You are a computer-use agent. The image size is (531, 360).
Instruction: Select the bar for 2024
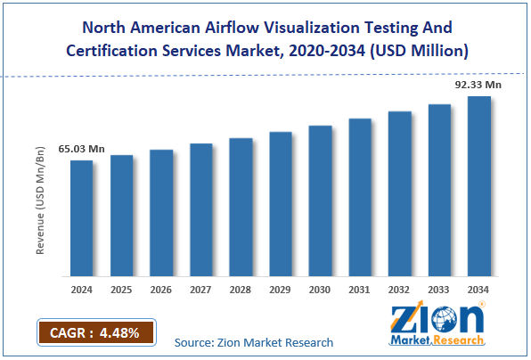click(82, 217)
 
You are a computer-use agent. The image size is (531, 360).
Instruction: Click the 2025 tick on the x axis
click(121, 289)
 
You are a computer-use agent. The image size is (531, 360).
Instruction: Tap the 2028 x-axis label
click(241, 289)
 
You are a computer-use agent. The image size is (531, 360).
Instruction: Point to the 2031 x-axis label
click(360, 289)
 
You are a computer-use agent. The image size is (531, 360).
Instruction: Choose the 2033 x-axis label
click(439, 289)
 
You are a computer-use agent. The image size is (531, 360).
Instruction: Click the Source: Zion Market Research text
click(254, 342)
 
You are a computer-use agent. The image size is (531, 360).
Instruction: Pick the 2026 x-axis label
click(161, 289)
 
